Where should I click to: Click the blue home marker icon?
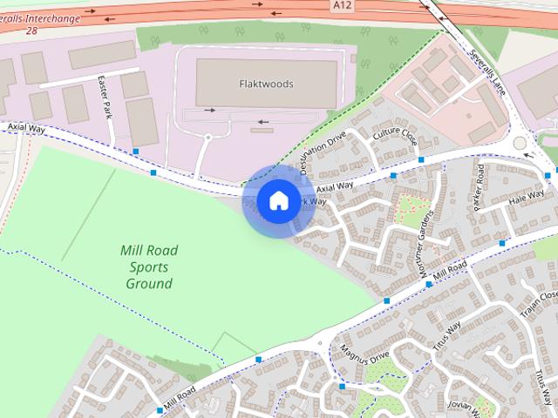(x=278, y=201)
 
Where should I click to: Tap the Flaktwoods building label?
(x=266, y=84)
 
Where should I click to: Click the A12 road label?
(x=343, y=6)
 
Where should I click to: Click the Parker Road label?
(x=479, y=185)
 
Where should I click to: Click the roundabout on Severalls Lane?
(x=520, y=142)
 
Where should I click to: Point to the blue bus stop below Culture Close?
(x=421, y=160)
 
